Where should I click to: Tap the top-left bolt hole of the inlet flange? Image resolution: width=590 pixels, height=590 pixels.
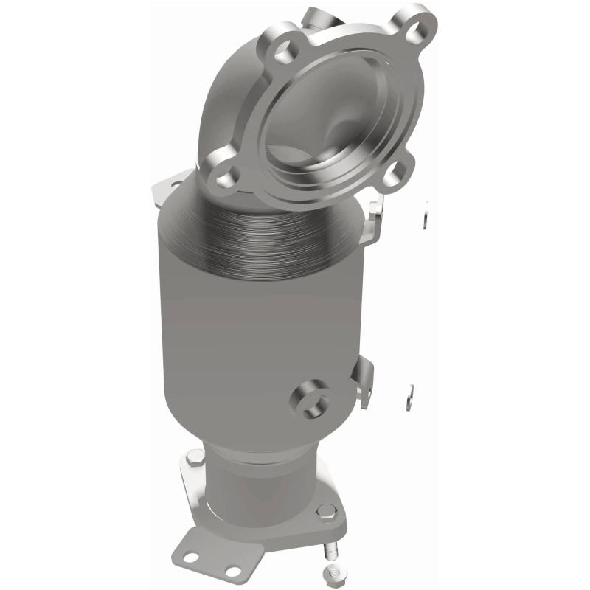pos(280,50)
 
